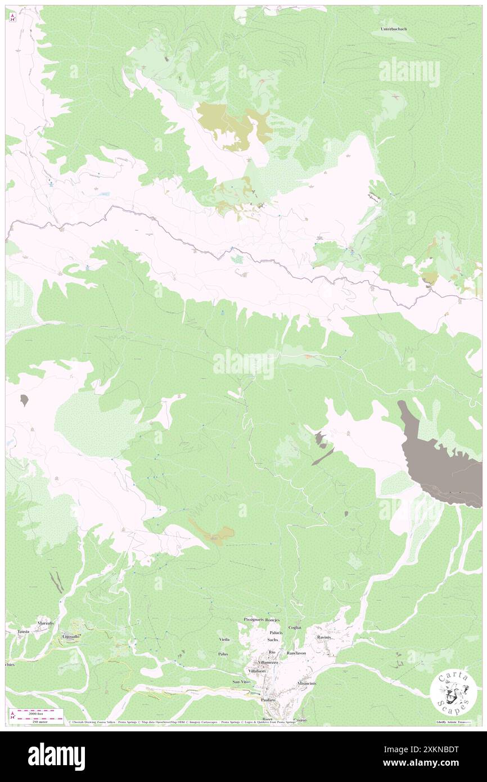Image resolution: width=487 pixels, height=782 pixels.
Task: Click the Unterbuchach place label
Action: coord(394,29)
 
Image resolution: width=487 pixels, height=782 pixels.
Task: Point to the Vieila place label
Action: coord(224,640)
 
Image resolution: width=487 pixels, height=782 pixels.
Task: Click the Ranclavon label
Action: coord(296,653)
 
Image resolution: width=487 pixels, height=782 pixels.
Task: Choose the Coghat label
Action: coord(295,627)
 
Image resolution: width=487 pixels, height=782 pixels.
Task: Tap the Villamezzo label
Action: coord(264,663)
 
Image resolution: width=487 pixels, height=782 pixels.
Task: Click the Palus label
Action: coord(223,654)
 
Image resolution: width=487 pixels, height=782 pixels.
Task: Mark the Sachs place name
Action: coord(273,640)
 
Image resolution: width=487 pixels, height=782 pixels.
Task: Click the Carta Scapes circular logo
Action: coord(453,693)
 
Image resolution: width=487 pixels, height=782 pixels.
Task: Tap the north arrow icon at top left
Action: coord(12,16)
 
